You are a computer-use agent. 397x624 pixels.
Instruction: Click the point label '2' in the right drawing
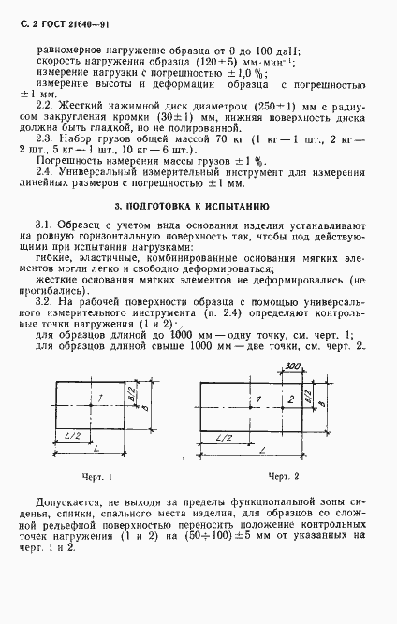tap(291, 399)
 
